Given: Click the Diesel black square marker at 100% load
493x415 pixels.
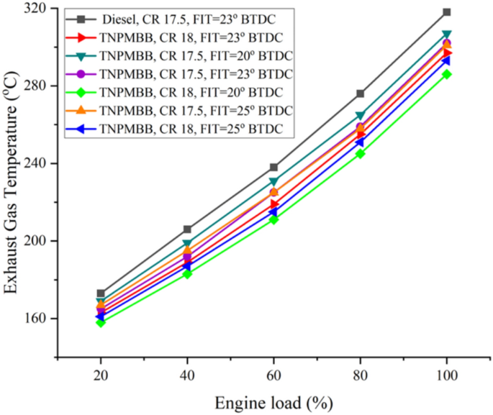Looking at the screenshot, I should tap(446, 12).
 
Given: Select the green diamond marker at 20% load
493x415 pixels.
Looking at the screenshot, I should tap(101, 322).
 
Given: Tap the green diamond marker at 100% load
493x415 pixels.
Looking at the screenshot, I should tap(446, 74).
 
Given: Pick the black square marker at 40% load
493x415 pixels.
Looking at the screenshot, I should tap(187, 229).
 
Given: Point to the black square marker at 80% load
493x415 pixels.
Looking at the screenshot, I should tap(360, 94).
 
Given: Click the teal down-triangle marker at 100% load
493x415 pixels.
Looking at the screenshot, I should tap(446, 35).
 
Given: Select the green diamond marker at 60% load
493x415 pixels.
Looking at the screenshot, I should tap(273, 219).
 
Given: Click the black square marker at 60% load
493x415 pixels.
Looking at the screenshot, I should tap(273, 167).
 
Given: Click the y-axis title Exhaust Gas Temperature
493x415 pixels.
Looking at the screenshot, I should tap(12, 181).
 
